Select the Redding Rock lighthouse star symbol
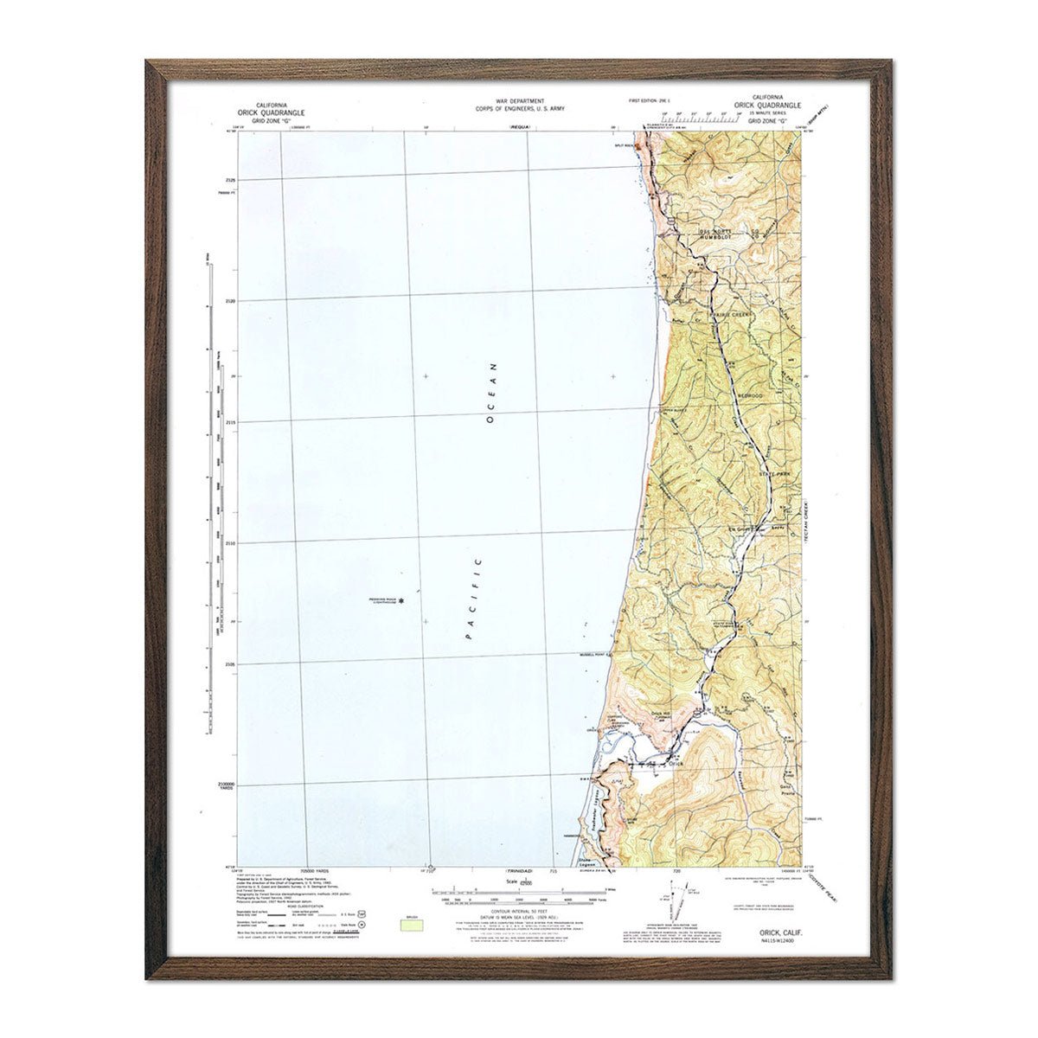coord(400,600)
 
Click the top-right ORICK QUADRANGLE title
coord(768,104)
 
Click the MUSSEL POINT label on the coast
coord(595,655)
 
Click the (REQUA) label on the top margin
coord(520,127)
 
